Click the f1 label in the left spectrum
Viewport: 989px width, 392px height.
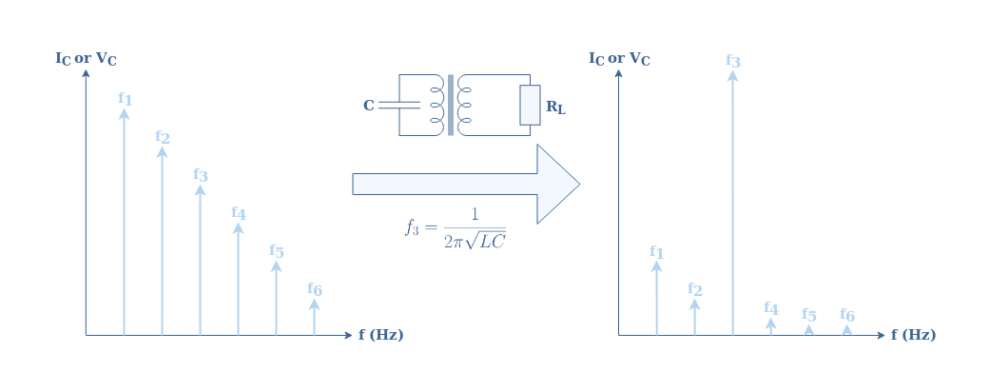125,98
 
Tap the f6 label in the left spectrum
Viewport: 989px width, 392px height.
315,289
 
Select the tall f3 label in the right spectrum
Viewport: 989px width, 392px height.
732,61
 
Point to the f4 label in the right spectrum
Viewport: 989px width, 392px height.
771,308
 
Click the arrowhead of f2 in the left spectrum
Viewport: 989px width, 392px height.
162,152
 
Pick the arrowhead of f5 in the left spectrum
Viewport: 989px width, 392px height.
277,265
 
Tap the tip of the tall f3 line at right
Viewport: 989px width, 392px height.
732,70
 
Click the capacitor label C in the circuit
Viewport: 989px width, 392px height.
369,106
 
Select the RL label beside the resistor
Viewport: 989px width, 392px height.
555,108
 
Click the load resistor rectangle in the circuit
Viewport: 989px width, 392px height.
530,105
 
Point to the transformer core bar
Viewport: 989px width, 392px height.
451,105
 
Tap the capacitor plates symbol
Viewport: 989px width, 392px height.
399,105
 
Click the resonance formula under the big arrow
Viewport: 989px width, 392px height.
456,228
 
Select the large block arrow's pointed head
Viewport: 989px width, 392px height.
557,184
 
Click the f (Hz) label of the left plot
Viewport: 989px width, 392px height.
381,335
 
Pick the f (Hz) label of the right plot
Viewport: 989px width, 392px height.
913,335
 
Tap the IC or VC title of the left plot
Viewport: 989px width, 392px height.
86,59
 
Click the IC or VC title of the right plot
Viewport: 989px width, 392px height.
619,59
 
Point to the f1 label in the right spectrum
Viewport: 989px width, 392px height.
656,252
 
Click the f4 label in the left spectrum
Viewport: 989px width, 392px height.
239,213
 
